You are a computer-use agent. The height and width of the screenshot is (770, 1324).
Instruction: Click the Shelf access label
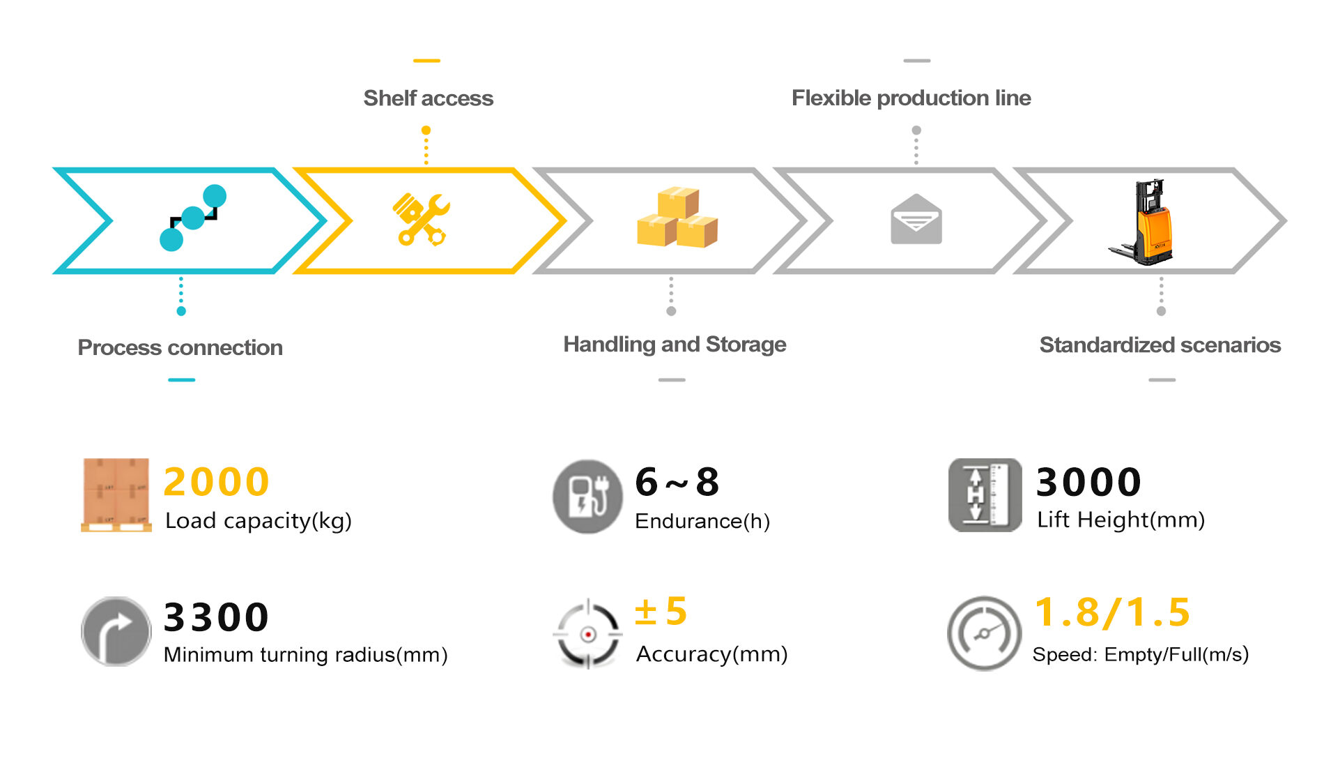428,98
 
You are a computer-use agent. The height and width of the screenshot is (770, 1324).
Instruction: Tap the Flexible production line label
911,98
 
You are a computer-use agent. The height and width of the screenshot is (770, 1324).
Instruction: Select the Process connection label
180,347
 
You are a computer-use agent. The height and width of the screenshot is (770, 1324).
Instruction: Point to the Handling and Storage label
674,345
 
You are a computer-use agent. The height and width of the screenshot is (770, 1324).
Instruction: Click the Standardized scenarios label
1160,345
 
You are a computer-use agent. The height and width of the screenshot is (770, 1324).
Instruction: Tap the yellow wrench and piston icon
422,219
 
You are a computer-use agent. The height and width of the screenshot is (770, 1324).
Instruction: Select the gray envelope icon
916,220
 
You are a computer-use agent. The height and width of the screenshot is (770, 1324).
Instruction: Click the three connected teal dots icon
192,218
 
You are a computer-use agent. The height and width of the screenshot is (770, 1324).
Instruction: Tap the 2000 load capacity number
216,482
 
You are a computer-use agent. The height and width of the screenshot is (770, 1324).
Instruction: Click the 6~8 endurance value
677,482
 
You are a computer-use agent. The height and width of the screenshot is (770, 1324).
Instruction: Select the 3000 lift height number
1088,482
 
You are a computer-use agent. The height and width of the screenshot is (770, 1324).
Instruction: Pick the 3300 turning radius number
216,617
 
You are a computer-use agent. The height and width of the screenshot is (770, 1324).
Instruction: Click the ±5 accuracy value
661,612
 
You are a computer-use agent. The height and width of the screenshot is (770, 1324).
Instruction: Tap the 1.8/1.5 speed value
1112,612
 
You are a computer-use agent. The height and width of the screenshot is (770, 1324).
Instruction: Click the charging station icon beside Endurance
587,497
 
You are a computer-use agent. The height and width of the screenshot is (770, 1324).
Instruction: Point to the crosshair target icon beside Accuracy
587,634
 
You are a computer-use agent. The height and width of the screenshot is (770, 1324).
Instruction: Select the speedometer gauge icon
983,633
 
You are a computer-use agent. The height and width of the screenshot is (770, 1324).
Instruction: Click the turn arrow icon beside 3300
116,632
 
